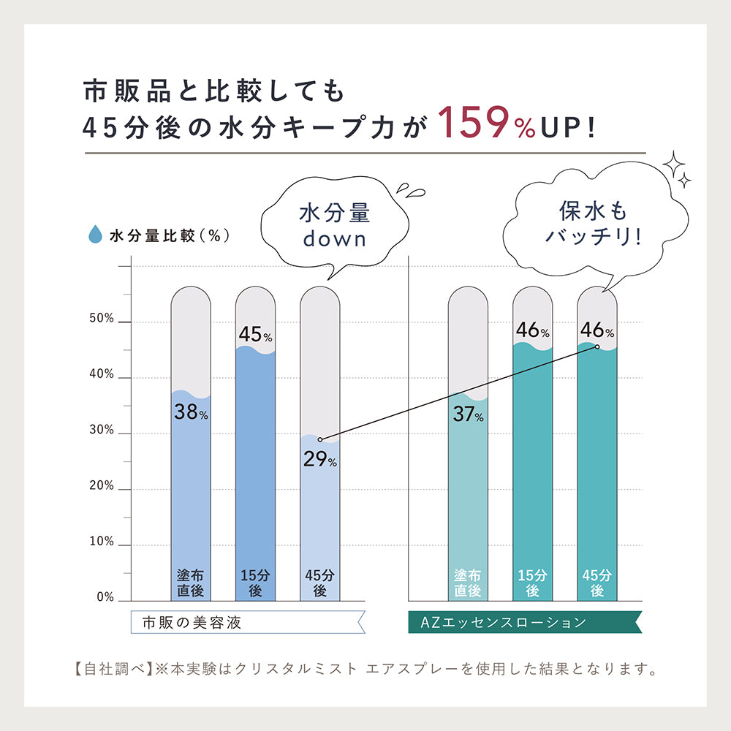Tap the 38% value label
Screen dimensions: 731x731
tap(191, 412)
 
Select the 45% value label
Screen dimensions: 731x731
tap(255, 335)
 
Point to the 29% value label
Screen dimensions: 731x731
tap(319, 460)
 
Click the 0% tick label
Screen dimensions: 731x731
tap(105, 598)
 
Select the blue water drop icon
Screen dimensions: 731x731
tap(94, 235)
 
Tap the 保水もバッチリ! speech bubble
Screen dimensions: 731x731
tap(593, 224)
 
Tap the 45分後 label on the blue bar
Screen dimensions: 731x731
tap(319, 583)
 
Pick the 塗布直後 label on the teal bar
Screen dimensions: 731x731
tap(468, 583)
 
